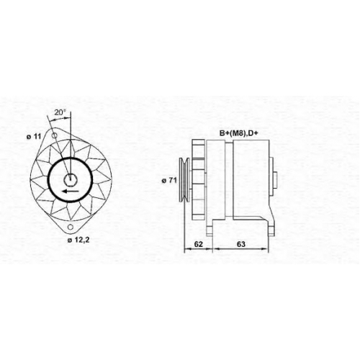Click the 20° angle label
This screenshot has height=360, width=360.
pyautogui.click(x=60, y=112)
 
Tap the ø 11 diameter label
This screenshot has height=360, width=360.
pyautogui.click(x=34, y=137)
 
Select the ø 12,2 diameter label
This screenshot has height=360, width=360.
pyautogui.click(x=78, y=240)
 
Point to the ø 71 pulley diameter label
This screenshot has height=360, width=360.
pyautogui.click(x=169, y=181)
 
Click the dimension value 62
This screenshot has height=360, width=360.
pyautogui.click(x=199, y=244)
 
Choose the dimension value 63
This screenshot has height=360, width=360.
pyautogui.click(x=241, y=244)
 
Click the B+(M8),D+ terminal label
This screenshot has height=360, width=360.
pyautogui.click(x=239, y=133)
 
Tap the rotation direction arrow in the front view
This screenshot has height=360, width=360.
pyautogui.click(x=70, y=192)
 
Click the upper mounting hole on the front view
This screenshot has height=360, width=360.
pyautogui.click(x=55, y=135)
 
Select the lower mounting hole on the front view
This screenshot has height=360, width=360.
pyautogui.click(x=71, y=227)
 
